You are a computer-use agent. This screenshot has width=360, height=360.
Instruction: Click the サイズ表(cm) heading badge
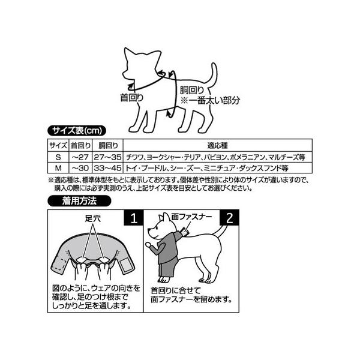click(76, 131)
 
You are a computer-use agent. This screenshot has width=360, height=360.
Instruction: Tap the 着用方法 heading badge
click(79, 201)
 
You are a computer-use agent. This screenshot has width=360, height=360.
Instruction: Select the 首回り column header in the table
click(80, 145)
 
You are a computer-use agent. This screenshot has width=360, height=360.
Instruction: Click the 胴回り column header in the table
click(107, 145)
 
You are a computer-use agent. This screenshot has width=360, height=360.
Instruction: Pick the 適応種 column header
click(217, 145)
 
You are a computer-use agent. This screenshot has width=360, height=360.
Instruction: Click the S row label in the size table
click(58, 157)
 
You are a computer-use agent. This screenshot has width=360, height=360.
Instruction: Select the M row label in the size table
click(58, 168)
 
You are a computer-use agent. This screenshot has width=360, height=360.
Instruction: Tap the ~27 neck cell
click(80, 157)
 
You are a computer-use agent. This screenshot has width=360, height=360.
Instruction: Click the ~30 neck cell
click(80, 168)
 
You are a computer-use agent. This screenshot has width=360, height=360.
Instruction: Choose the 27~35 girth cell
click(107, 157)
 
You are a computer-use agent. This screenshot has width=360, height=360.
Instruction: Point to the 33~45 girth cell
click(107, 168)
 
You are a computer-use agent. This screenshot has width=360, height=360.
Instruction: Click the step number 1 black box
click(134, 218)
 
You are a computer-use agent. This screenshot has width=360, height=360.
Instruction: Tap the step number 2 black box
click(229, 218)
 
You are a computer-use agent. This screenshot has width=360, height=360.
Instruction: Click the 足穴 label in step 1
click(93, 218)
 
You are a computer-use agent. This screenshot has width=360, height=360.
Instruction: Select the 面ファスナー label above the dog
click(191, 217)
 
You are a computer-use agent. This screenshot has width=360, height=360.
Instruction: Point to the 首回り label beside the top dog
click(132, 98)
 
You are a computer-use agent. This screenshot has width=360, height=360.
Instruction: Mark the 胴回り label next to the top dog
click(192, 90)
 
